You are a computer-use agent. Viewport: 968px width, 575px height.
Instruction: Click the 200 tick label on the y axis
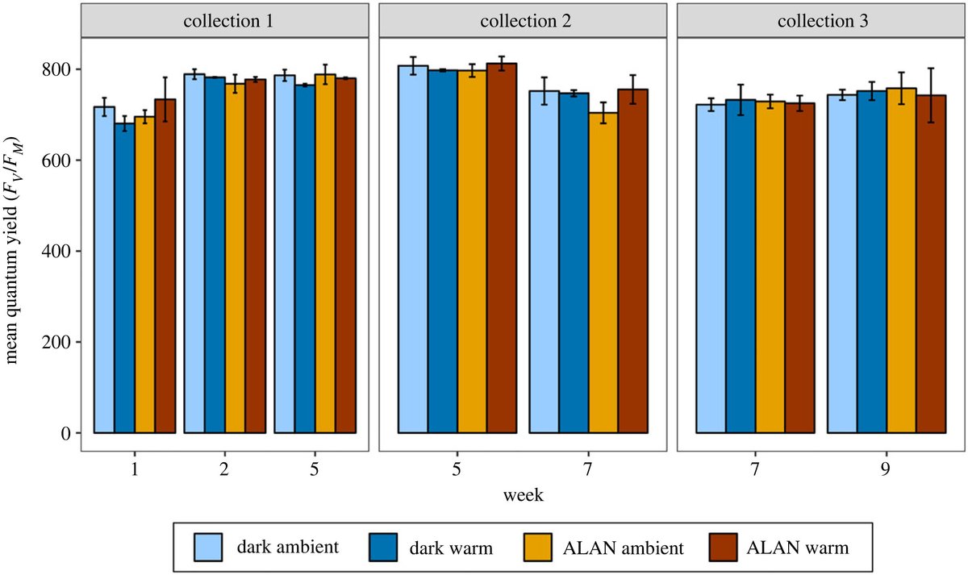click(x=60, y=342)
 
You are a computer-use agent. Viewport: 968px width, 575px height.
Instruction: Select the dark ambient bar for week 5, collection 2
click(x=413, y=250)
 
